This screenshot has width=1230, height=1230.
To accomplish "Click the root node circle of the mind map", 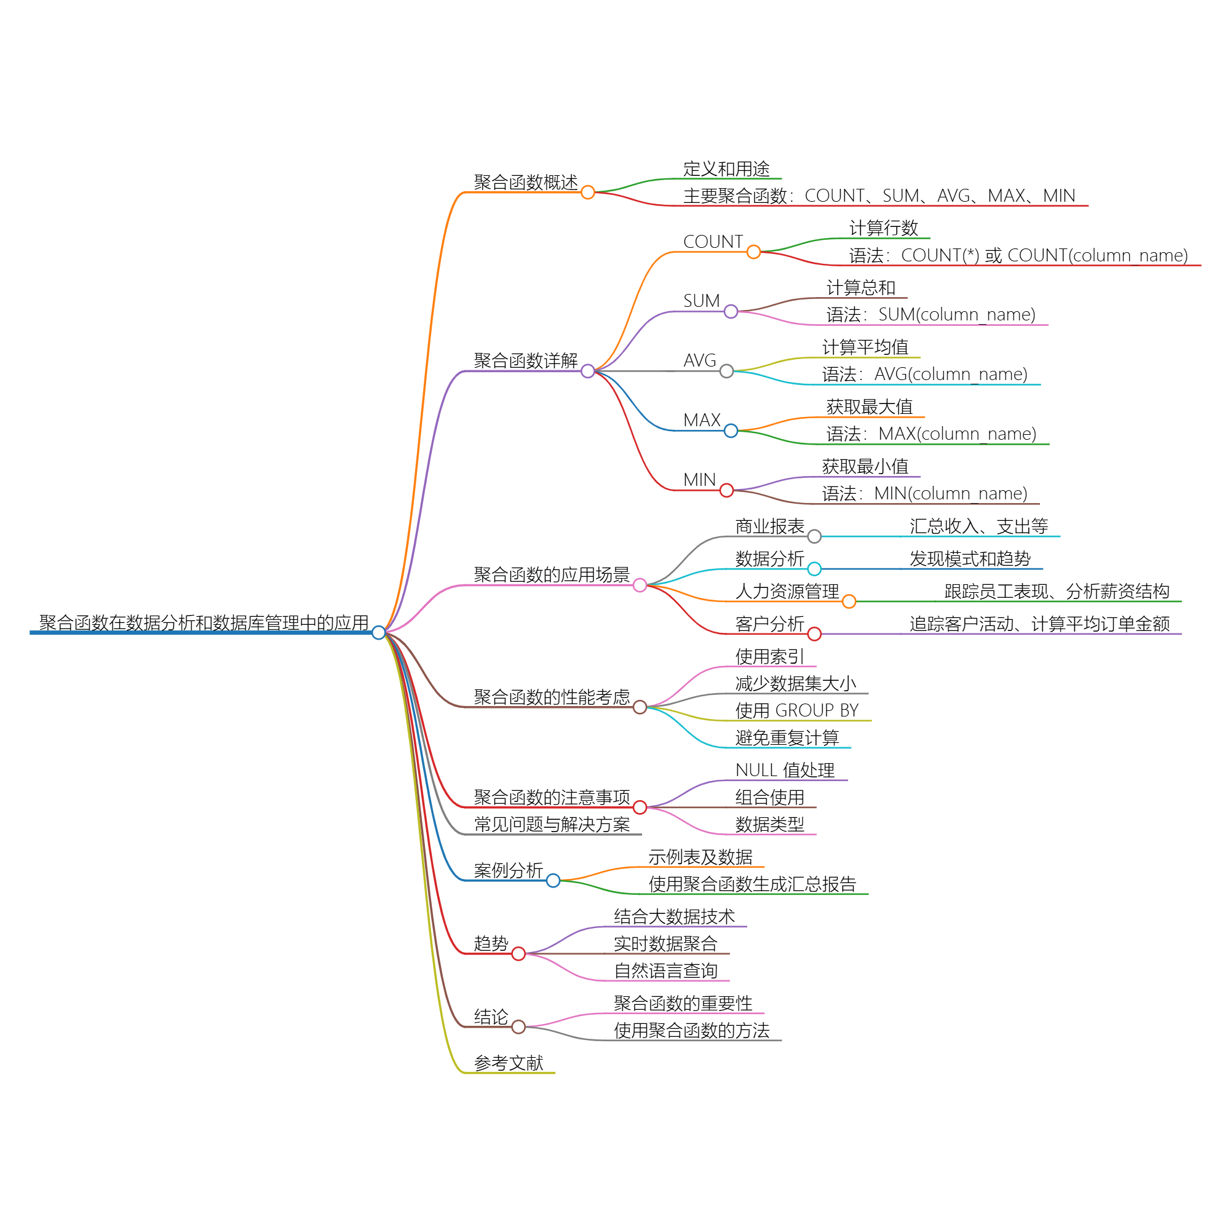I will (378, 632).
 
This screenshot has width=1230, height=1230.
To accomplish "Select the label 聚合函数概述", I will (525, 183).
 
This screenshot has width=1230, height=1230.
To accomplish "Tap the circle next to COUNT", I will (753, 252).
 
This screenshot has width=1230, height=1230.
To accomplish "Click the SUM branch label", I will (701, 301).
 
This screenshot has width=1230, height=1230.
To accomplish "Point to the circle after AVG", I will (726, 371).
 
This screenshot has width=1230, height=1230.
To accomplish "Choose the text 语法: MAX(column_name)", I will (930, 434).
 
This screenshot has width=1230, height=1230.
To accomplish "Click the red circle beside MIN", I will (726, 490).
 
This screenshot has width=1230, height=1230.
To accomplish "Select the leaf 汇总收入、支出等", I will (978, 526).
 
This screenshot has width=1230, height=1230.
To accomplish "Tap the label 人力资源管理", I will (787, 592).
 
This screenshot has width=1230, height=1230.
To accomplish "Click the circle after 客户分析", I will (814, 633).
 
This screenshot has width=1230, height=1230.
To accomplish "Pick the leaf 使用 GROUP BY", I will (796, 710).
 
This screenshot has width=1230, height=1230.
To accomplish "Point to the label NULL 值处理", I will (784, 771).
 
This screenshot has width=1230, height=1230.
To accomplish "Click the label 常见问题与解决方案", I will (551, 825).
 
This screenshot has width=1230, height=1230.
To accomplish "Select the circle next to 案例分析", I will (553, 881).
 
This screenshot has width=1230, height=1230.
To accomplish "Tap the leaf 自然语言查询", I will (665, 971).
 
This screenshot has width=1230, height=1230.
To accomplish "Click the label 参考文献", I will (508, 1063).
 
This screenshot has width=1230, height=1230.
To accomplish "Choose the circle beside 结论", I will (518, 1026).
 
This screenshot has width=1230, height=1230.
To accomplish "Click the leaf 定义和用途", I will (726, 169).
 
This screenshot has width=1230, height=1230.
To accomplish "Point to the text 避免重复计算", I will (787, 738).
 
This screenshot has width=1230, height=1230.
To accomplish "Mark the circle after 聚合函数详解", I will (587, 371).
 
